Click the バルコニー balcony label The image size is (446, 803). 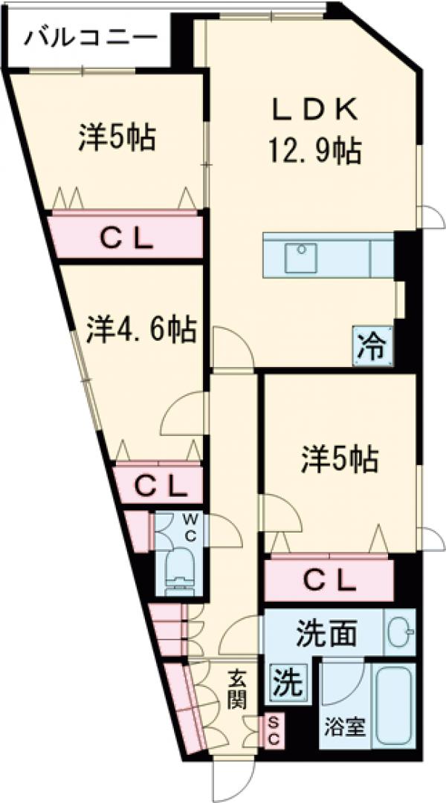coord(90,36)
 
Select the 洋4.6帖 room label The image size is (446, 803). coord(141,329)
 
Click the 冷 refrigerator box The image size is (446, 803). coord(372,346)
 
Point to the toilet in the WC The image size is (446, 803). coord(178,571)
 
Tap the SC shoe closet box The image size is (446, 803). coord(272,731)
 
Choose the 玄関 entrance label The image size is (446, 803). coord(236,688)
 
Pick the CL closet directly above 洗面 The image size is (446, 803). coord(328,580)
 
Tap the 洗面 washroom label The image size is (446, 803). coord(328,633)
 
